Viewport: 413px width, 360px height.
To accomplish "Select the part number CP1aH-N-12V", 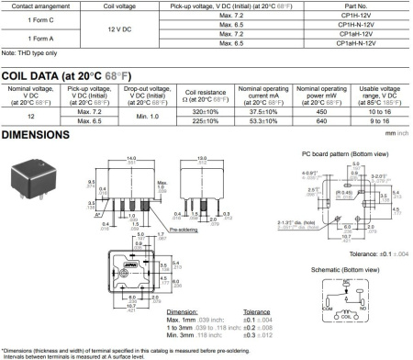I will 356,42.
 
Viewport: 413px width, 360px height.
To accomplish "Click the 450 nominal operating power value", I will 322,109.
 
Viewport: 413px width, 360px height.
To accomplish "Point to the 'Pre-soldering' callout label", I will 198,218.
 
